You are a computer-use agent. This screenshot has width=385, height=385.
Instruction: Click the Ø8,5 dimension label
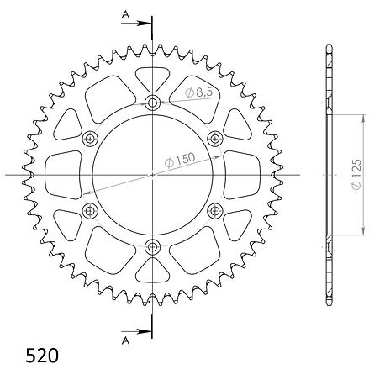(x=198, y=92)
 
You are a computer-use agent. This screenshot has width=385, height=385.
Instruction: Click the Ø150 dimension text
(x=180, y=160)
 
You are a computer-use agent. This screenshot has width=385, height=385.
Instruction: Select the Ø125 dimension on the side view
(x=356, y=175)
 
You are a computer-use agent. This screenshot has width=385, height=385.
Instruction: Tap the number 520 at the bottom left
(x=42, y=356)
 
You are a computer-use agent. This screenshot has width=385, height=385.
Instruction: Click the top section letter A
(x=126, y=15)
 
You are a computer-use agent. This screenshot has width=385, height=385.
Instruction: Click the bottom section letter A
(x=126, y=340)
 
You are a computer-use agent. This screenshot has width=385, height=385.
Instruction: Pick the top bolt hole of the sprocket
(x=152, y=103)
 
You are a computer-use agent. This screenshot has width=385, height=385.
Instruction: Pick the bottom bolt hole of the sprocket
(x=152, y=247)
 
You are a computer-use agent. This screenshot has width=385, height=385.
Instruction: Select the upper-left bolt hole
(x=90, y=139)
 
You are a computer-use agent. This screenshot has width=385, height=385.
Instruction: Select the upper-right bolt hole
(x=215, y=139)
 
